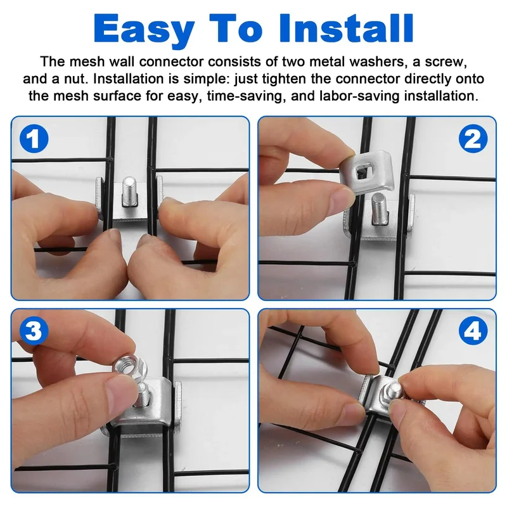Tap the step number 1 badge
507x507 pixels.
tap(34, 139)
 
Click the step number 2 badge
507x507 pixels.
tap(473, 139)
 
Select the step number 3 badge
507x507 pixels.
tap(34, 331)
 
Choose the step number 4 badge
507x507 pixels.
tap(473, 331)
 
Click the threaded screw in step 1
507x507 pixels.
tap(130, 191)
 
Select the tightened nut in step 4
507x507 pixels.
tap(391, 393)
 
